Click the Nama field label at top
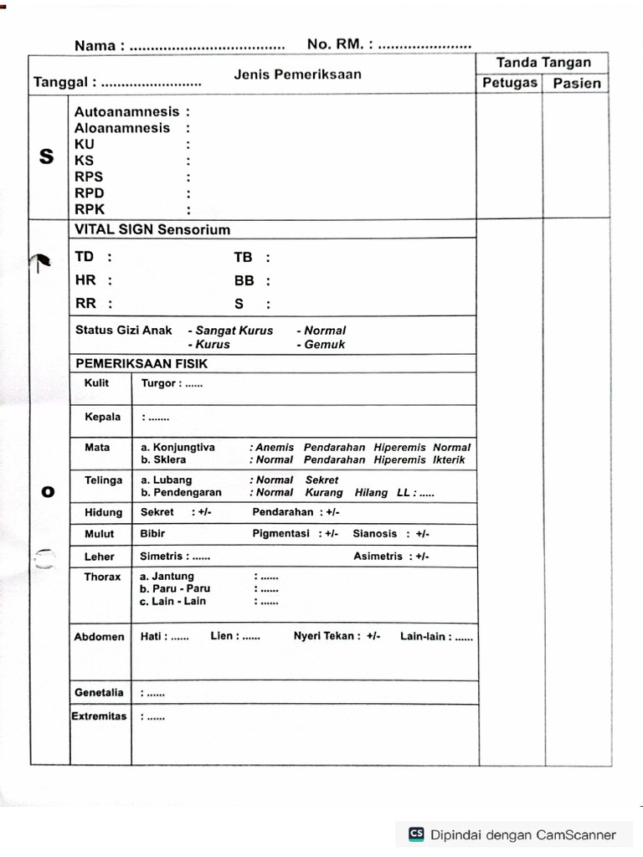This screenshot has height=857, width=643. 95,46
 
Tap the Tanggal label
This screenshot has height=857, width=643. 60,82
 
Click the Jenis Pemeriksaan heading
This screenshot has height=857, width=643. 297,74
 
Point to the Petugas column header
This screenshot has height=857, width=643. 509,83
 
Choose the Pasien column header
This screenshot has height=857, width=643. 576,83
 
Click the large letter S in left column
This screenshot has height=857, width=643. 47,157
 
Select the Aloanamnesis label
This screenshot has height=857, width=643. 122,128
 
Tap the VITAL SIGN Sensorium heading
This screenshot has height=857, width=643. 152,229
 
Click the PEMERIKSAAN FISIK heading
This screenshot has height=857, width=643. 141,364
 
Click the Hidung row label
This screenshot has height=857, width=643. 103,512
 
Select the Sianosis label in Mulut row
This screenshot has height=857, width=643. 375,533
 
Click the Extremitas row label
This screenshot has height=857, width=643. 99,716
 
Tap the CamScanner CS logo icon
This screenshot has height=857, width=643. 416,834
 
